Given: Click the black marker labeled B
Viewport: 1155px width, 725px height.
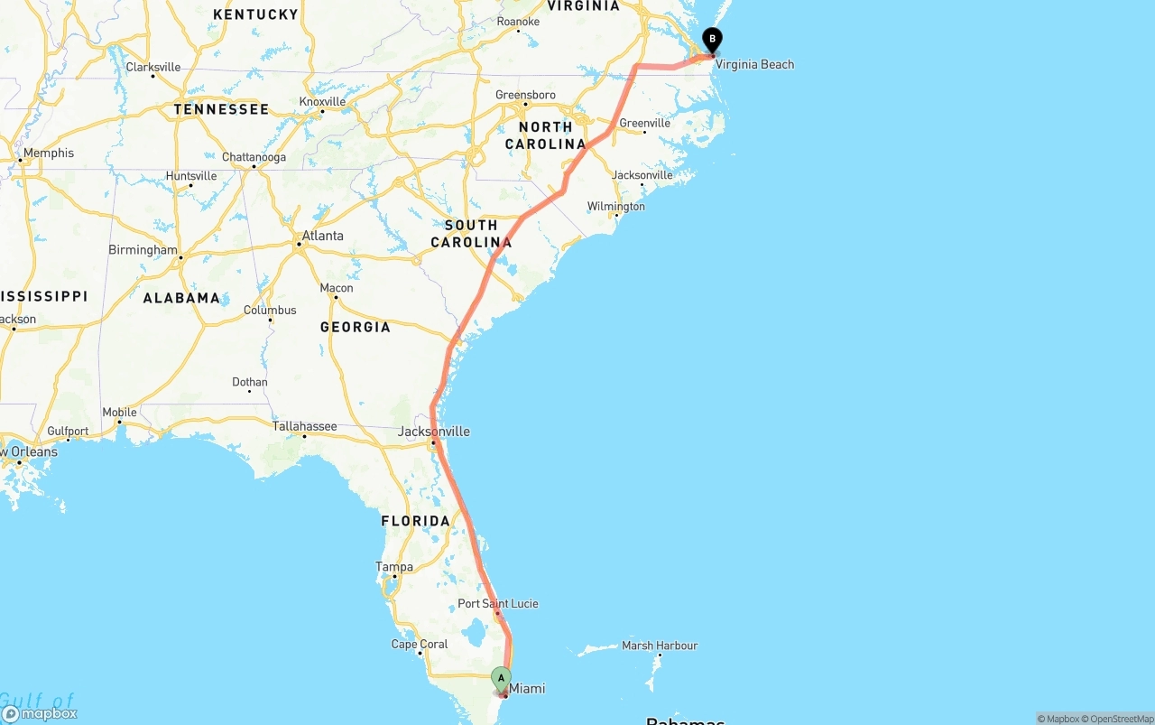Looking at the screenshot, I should tap(713, 40).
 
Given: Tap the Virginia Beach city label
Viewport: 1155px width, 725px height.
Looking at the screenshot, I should tap(754, 64).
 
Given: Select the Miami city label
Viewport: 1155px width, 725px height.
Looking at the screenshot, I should tap(527, 689).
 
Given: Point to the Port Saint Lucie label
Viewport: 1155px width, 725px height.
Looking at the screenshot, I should tap(498, 603).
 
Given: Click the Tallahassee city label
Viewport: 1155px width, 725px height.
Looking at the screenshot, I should tap(305, 426).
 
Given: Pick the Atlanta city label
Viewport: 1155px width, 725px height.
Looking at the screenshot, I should tap(322, 236).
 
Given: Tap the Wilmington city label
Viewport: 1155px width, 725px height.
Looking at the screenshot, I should tap(616, 207).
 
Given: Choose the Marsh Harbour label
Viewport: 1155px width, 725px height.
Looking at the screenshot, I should tap(660, 646).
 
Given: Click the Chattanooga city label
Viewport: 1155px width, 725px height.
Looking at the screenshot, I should tap(254, 157).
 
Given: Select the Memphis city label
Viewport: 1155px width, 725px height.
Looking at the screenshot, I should tap(49, 153).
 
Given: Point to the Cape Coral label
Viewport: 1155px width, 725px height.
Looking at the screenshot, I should tap(420, 644).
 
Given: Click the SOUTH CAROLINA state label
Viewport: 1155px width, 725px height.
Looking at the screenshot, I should tap(471, 233).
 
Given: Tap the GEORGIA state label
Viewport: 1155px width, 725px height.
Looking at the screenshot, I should tap(356, 327).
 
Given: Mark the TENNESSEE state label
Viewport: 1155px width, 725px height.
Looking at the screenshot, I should tap(221, 109).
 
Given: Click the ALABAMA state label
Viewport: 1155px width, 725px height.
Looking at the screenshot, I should tap(181, 298).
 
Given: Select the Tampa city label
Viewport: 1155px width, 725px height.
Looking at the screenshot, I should tap(394, 567).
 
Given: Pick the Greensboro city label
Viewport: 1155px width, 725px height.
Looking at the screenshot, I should tap(525, 95).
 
